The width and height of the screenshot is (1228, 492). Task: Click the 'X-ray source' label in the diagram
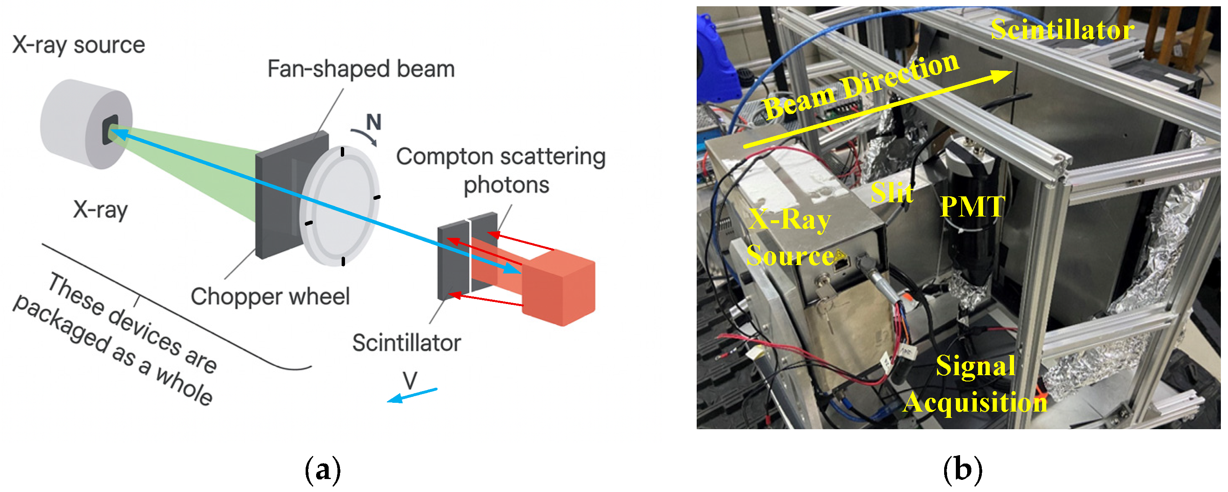(x=79, y=46)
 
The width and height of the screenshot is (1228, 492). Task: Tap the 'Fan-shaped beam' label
(x=361, y=69)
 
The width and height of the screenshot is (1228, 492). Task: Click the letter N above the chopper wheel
(x=374, y=123)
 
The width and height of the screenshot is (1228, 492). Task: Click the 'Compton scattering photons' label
(x=501, y=170)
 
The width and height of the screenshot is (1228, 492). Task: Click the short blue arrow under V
(x=412, y=395)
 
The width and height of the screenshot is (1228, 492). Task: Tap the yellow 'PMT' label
(x=973, y=206)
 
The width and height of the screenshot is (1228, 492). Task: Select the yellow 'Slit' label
(x=892, y=193)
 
